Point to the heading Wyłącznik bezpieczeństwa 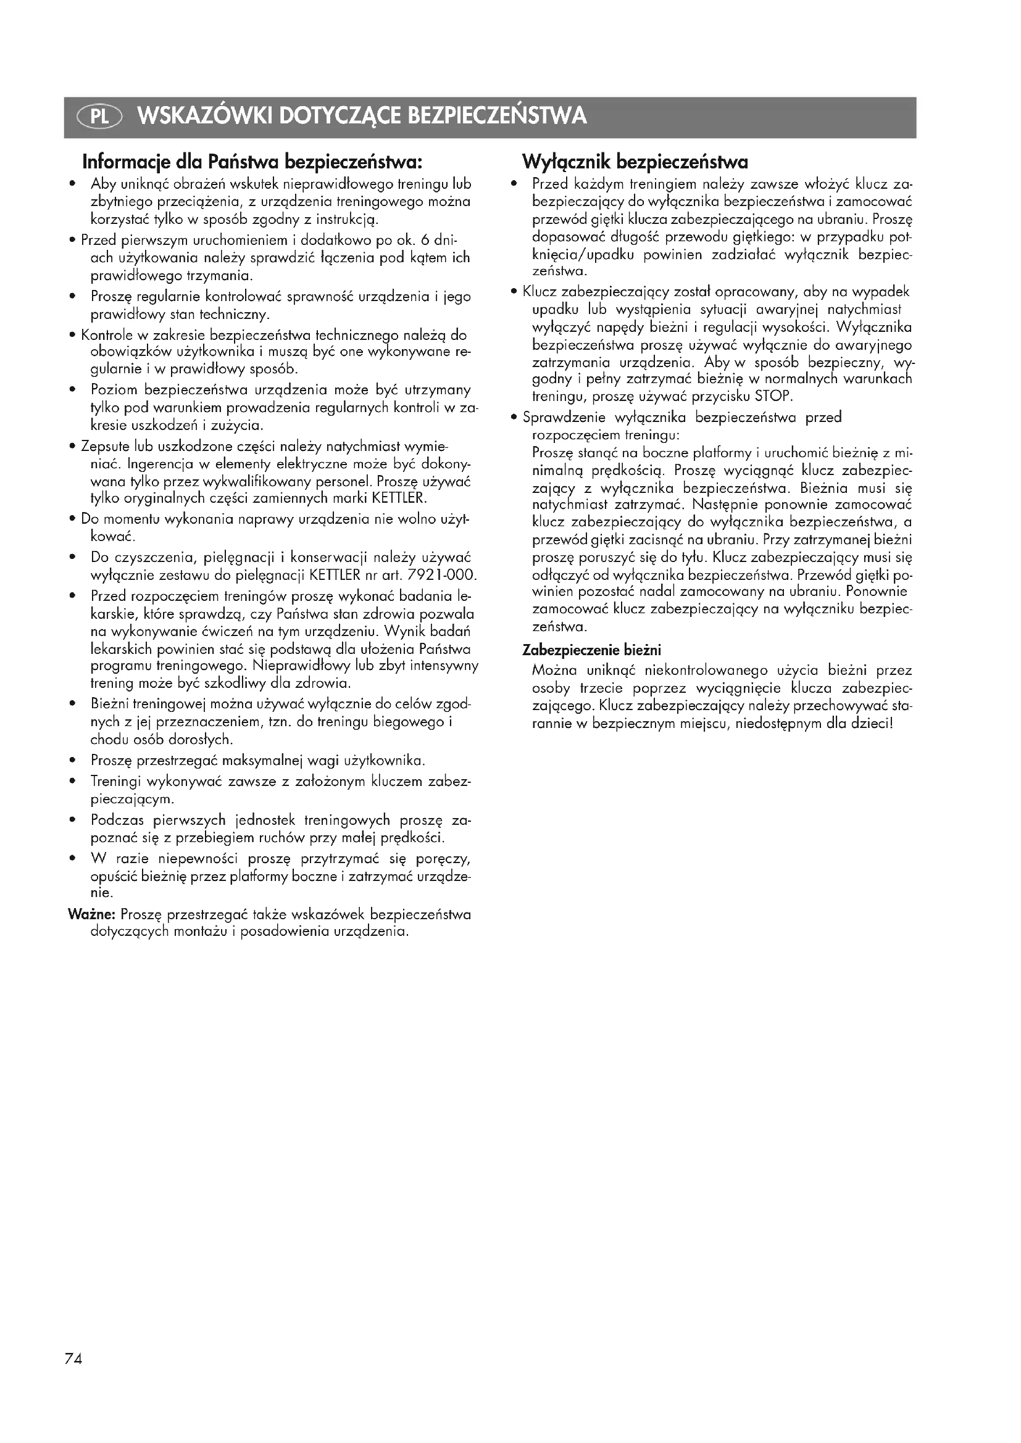[x=635, y=163]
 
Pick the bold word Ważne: [x=91, y=914]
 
